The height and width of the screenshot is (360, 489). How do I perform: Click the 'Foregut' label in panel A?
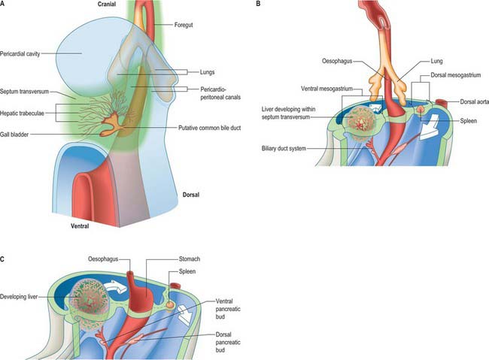[x=184, y=25]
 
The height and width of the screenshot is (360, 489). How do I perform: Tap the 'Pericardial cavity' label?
[x=20, y=53]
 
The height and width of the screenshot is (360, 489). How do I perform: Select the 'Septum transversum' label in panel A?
[x=24, y=92]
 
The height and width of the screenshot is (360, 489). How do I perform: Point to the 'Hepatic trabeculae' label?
[x=22, y=113]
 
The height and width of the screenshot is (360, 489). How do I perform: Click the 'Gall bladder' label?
[x=14, y=135]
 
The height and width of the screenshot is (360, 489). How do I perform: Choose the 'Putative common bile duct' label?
[x=209, y=128]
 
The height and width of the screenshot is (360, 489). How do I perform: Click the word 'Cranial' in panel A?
[x=107, y=4]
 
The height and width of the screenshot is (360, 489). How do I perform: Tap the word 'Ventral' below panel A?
[x=80, y=226]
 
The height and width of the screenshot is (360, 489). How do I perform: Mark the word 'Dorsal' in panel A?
[x=191, y=195]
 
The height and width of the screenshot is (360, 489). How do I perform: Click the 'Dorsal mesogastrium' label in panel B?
[x=456, y=75]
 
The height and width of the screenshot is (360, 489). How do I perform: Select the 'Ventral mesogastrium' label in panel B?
[x=327, y=89]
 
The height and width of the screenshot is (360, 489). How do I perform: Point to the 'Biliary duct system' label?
[x=284, y=148]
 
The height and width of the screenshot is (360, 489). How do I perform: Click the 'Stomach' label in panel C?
[x=190, y=259]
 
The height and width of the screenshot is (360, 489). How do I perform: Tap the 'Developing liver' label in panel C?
[x=19, y=297]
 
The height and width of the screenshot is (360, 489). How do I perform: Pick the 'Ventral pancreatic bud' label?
[x=228, y=309]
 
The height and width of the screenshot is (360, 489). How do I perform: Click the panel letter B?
[x=258, y=4]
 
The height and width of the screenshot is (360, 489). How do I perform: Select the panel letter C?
[x=2, y=259]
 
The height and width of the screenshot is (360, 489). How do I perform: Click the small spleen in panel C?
[x=170, y=305]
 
